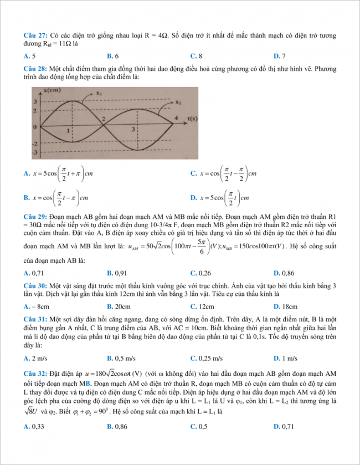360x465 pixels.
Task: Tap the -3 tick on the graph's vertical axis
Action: coord(34,151)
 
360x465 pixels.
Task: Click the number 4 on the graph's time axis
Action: coord(176,119)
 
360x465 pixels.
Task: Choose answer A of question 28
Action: coord(61,173)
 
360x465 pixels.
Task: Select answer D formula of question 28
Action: coord(219,197)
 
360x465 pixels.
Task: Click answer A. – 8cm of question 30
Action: coord(37,306)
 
